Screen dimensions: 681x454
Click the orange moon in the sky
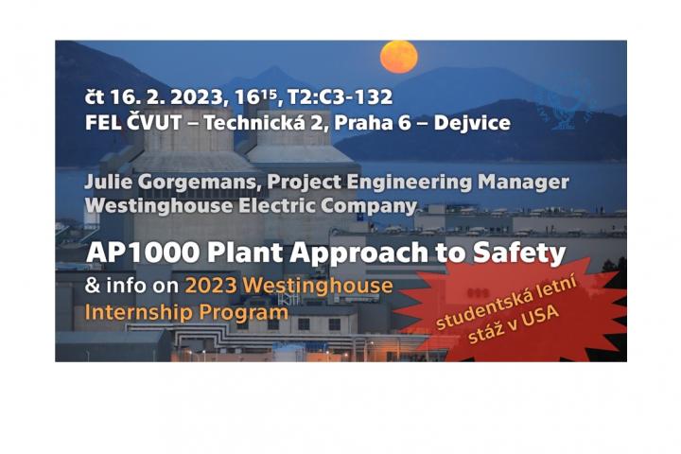[399, 57]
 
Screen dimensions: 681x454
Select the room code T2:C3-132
[340, 96]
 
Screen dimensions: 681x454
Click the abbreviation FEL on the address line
[103, 123]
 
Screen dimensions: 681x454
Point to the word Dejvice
[472, 123]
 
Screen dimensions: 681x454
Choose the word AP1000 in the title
[144, 253]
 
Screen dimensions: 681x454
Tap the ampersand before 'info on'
[93, 286]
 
